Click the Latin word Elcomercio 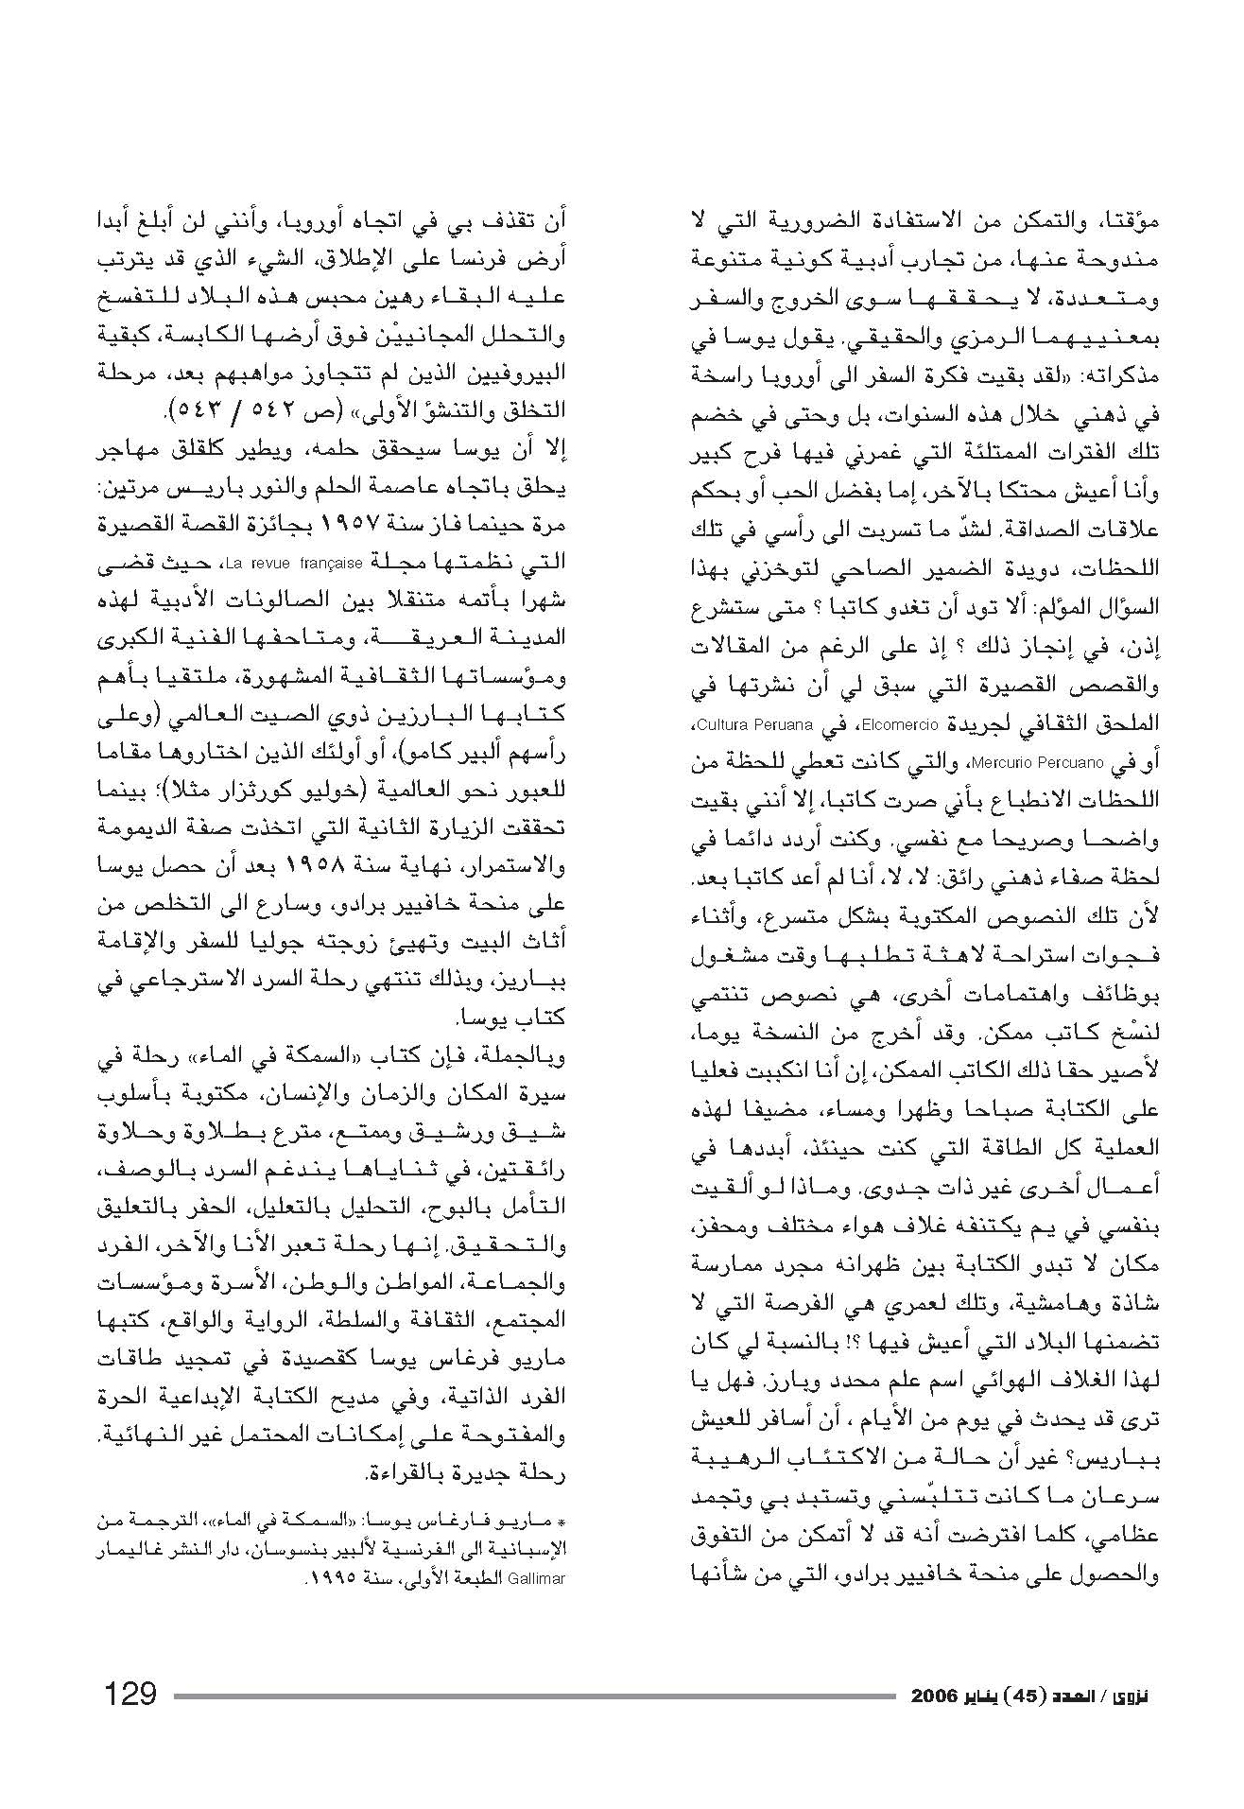911,725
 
